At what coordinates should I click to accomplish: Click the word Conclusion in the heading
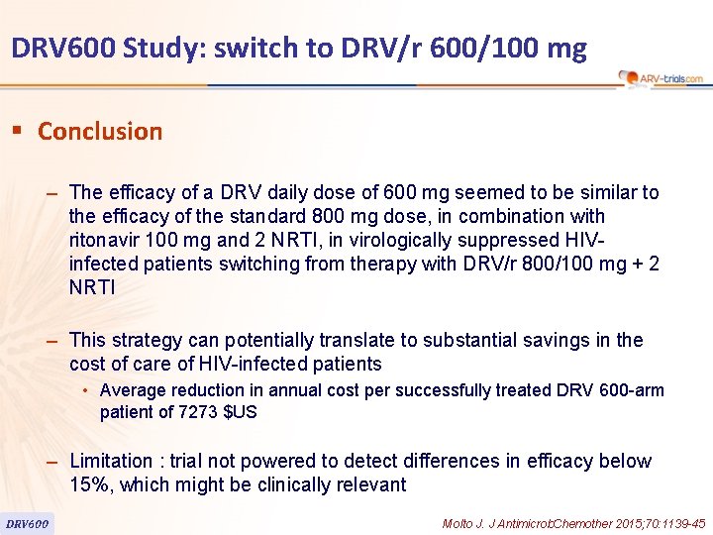pos(99,131)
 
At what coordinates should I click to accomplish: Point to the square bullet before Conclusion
pos(17,131)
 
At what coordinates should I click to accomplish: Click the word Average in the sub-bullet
pos(133,390)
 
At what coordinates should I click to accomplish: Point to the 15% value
pos(88,484)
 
